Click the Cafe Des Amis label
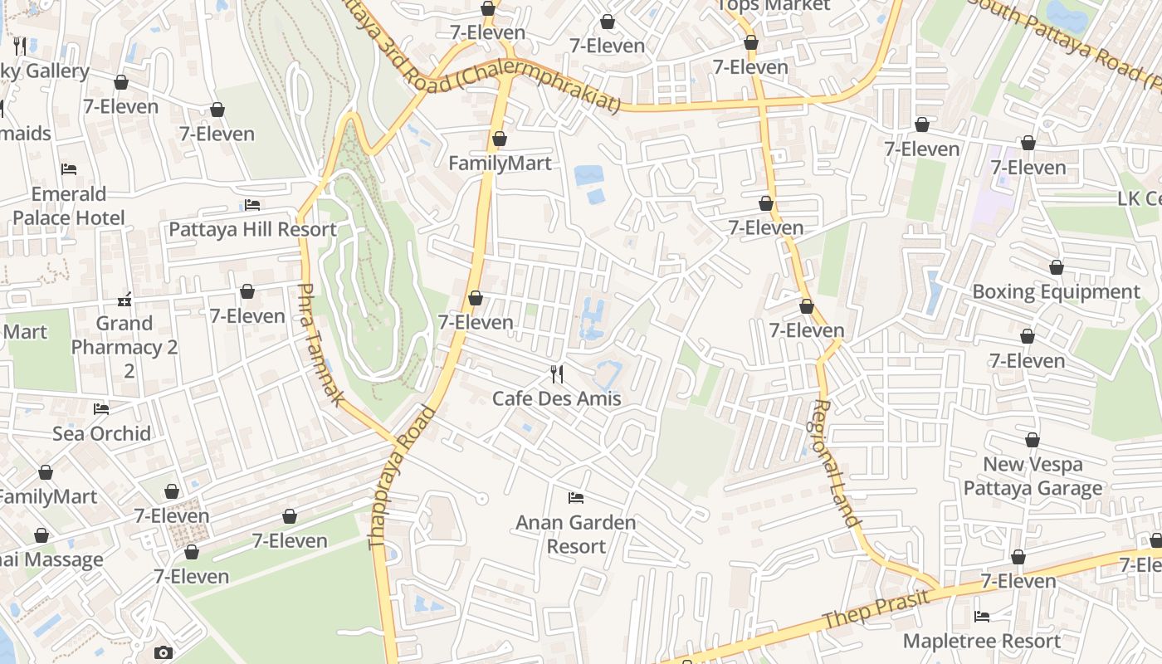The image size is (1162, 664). click(556, 398)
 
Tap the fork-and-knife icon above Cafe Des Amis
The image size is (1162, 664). click(556, 374)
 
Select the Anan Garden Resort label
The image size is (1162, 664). click(576, 535)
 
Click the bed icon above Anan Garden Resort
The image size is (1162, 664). click(576, 498)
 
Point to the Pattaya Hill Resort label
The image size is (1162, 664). click(252, 229)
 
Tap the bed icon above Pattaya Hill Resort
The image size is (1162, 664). click(252, 205)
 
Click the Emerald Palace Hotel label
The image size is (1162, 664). click(69, 206)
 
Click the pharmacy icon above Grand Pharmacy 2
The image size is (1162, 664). click(125, 299)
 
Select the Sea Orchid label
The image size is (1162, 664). click(102, 433)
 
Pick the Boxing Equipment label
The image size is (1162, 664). click(1056, 291)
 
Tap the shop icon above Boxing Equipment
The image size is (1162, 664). click(1057, 267)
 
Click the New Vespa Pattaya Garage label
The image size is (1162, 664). click(1033, 476)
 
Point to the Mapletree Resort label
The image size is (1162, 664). click(982, 641)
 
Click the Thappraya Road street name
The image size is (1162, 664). click(402, 477)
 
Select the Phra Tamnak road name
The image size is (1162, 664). click(320, 344)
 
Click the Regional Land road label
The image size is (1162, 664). click(833, 463)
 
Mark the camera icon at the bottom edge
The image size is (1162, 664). click(164, 653)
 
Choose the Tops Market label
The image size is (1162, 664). click(774, 6)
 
